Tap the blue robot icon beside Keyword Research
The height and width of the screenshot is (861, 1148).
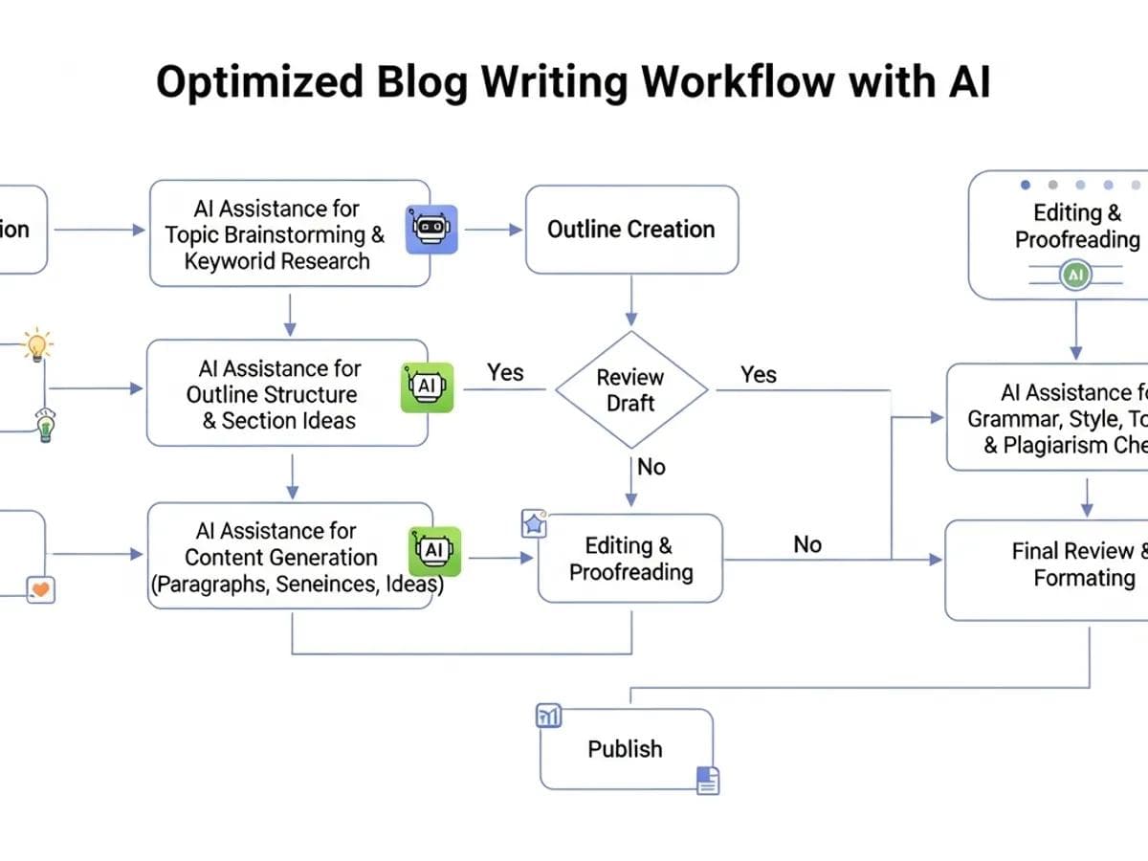click(x=432, y=229)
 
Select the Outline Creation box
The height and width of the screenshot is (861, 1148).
click(x=631, y=230)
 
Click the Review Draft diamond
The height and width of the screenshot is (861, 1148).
click(x=631, y=390)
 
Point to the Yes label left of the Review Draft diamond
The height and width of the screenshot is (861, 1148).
click(x=505, y=372)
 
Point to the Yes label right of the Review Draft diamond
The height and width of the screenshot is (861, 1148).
click(x=759, y=375)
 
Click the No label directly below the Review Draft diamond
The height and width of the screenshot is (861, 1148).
click(x=651, y=467)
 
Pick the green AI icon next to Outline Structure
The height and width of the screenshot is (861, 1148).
click(x=427, y=386)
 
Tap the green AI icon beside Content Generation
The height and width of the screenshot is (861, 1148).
click(x=435, y=551)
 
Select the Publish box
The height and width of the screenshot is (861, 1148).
click(x=626, y=748)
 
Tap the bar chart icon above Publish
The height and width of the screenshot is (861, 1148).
click(x=549, y=716)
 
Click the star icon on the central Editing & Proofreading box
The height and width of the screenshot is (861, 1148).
click(x=533, y=524)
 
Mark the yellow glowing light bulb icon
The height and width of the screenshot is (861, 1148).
click(x=36, y=344)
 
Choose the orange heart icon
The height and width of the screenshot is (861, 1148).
click(x=41, y=589)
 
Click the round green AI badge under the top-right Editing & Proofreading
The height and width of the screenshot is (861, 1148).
click(x=1075, y=276)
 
